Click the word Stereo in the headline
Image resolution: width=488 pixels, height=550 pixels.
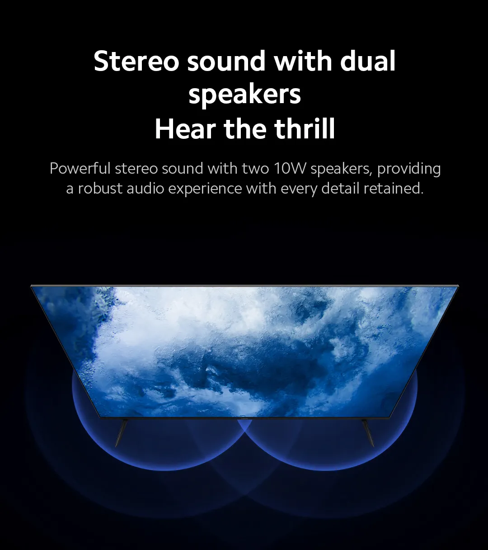[x=136, y=61]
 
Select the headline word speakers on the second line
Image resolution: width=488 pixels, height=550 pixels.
[x=245, y=95]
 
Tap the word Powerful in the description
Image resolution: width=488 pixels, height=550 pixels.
[x=80, y=168]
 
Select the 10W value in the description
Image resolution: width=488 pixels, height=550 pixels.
[x=290, y=169]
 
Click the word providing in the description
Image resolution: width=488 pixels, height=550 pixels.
[x=409, y=169]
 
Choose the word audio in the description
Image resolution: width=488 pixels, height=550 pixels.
[x=145, y=189]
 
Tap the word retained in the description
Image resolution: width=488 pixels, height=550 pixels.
[x=393, y=189]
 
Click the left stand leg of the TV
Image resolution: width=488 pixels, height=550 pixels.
[x=121, y=433]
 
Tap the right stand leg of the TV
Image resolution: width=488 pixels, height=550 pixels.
[x=368, y=433]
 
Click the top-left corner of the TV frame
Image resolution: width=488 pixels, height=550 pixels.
[x=31, y=285]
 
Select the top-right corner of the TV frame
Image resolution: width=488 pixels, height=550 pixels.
[x=459, y=285]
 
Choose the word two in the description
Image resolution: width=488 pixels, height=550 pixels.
[x=256, y=169]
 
